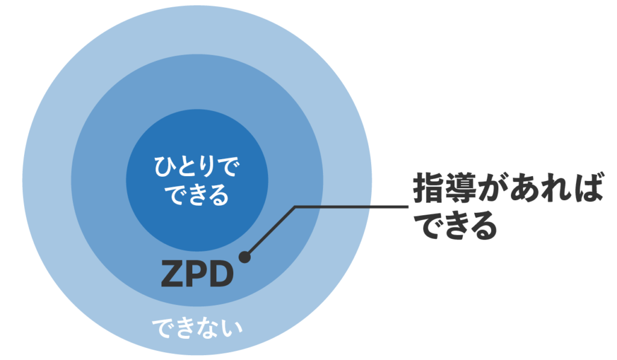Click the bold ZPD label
(197, 274)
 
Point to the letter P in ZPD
(196, 274)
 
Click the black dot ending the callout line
(244, 257)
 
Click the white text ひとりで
(196, 166)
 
